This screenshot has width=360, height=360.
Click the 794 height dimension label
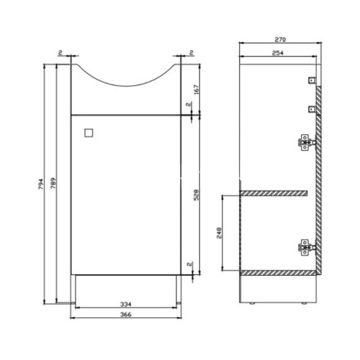(41, 184)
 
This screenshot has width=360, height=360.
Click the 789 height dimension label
(53, 183)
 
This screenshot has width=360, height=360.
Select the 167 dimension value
(196, 90)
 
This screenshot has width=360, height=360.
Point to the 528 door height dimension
(196, 195)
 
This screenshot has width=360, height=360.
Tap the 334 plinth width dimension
(126, 304)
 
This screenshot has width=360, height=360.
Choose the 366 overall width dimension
(126, 315)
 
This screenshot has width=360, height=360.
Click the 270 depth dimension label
(280, 40)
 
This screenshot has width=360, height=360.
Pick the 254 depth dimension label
(278, 53)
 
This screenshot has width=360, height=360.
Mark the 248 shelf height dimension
(219, 233)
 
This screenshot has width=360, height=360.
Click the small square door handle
(89, 133)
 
